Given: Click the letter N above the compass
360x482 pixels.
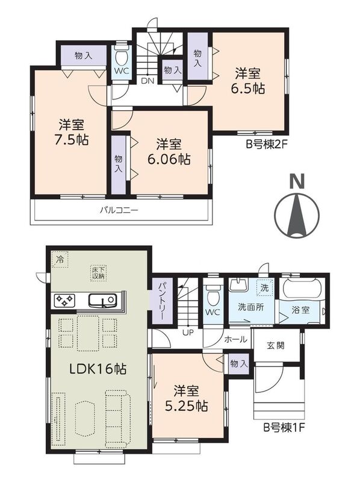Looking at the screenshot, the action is (297, 181).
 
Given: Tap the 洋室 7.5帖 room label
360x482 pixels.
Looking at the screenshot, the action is (71, 132).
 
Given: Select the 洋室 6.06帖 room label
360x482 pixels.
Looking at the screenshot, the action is (169, 152).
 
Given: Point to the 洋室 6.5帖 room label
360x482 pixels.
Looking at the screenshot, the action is (248, 81).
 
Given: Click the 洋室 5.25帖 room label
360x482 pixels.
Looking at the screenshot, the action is (187, 399).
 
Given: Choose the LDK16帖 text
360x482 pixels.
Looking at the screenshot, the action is (98, 369).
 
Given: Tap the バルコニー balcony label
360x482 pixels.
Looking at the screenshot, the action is (119, 210).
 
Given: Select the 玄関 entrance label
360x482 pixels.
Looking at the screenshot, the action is (276, 345).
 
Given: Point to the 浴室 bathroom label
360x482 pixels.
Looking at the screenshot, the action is (300, 310).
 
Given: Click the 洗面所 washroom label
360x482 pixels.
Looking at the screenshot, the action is (251, 307).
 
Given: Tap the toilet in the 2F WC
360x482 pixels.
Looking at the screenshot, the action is (122, 56).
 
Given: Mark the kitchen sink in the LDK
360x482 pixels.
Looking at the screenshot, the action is (102, 300).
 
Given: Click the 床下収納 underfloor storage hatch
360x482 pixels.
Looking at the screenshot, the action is (98, 272).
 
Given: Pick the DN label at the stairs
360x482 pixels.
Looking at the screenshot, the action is (147, 81).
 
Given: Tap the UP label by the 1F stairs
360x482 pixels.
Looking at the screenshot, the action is (188, 333).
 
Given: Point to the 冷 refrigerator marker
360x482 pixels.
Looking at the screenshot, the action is (60, 260).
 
